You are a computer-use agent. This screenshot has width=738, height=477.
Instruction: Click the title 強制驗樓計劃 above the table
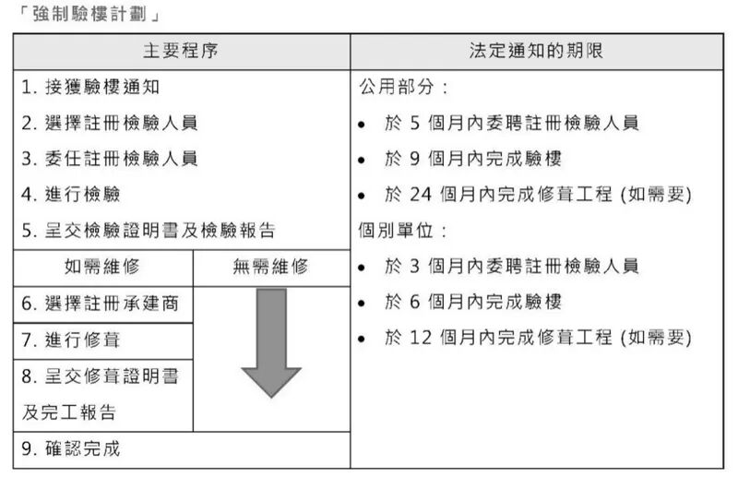[x=89, y=14]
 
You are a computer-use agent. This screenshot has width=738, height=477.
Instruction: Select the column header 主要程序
[x=181, y=51]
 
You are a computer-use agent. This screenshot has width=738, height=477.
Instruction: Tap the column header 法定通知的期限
[x=536, y=51]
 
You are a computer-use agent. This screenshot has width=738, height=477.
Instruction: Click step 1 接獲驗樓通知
[x=90, y=87]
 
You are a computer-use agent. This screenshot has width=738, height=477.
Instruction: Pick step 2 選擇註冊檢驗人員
[x=110, y=123]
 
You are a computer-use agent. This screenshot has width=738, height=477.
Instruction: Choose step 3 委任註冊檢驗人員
[x=110, y=159]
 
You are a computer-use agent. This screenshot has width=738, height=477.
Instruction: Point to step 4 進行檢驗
[x=71, y=195]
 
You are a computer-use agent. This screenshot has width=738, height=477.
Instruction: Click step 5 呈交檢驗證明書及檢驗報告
[x=149, y=231]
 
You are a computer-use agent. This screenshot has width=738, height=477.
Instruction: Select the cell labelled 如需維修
[x=102, y=267]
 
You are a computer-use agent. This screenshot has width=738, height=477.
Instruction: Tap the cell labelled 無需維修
[x=271, y=267]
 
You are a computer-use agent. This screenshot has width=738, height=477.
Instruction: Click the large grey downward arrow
[x=271, y=344]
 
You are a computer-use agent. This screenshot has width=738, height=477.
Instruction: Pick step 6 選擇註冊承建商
[x=101, y=304]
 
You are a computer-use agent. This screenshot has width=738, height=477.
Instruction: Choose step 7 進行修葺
[x=71, y=340]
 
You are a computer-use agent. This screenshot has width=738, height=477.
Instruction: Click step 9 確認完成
[x=71, y=448]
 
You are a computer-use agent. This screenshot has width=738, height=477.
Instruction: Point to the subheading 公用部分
[x=403, y=87]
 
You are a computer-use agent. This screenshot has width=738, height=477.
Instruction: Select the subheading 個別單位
[x=403, y=231]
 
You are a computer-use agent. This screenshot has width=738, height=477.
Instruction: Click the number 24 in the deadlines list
[x=421, y=195]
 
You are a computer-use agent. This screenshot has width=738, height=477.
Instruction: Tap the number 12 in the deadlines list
[x=421, y=338]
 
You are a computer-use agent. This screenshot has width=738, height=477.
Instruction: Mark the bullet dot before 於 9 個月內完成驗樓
[x=362, y=161]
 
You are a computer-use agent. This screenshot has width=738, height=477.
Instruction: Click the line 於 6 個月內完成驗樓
[x=473, y=302]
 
